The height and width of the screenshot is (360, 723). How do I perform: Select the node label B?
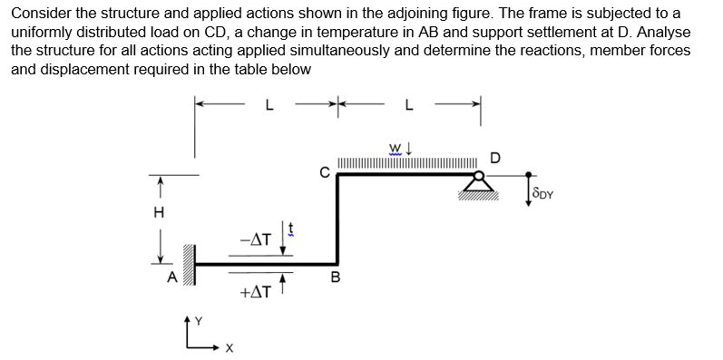pos(335,280)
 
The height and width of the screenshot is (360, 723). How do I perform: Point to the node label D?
pos(494,159)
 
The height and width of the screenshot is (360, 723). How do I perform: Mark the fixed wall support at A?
pos(189,264)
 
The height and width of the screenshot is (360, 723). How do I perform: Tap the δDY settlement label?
pos(543,193)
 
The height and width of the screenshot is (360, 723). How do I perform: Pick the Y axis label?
pos(188,317)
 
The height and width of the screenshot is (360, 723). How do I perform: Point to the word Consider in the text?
pos(39,15)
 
